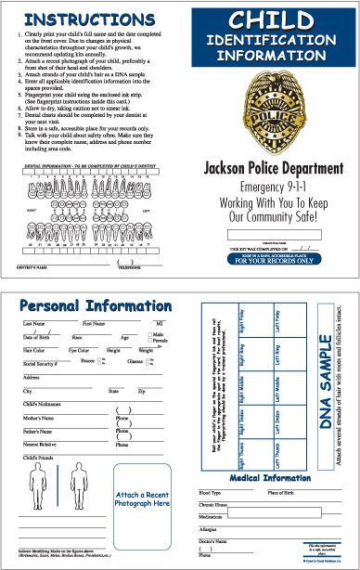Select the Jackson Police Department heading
(x=272, y=170)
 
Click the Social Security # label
(x=40, y=365)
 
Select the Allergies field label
(x=212, y=528)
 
